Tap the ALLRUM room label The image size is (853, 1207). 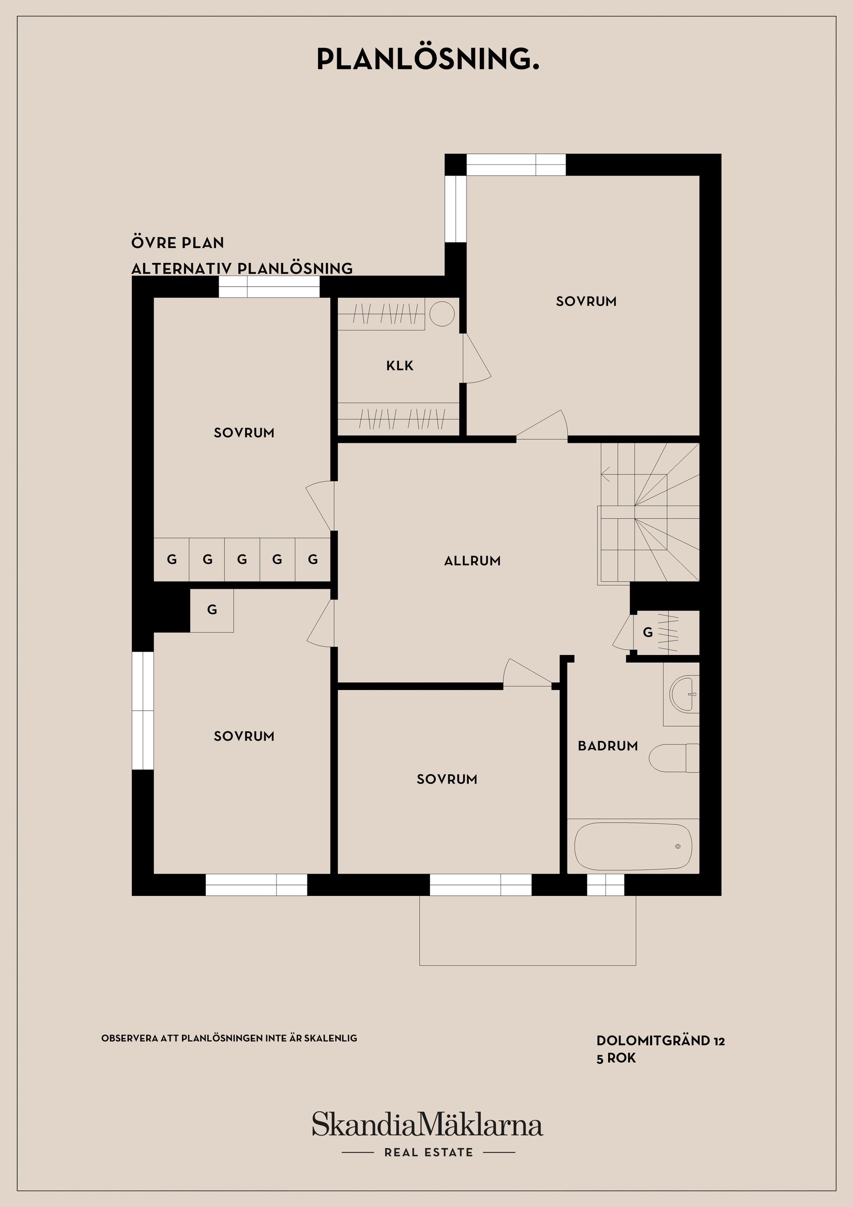472,561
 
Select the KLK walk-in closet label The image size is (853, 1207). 399,365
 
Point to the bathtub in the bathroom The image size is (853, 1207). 634,847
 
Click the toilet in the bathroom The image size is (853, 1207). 674,758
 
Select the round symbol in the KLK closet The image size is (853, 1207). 442,314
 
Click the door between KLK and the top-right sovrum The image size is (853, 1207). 476,359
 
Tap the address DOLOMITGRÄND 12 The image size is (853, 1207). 661,1040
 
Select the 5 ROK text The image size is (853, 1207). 616,1058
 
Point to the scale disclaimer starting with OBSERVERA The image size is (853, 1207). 229,1038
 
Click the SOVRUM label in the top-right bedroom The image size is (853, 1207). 586,301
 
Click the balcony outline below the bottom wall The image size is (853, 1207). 528,965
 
